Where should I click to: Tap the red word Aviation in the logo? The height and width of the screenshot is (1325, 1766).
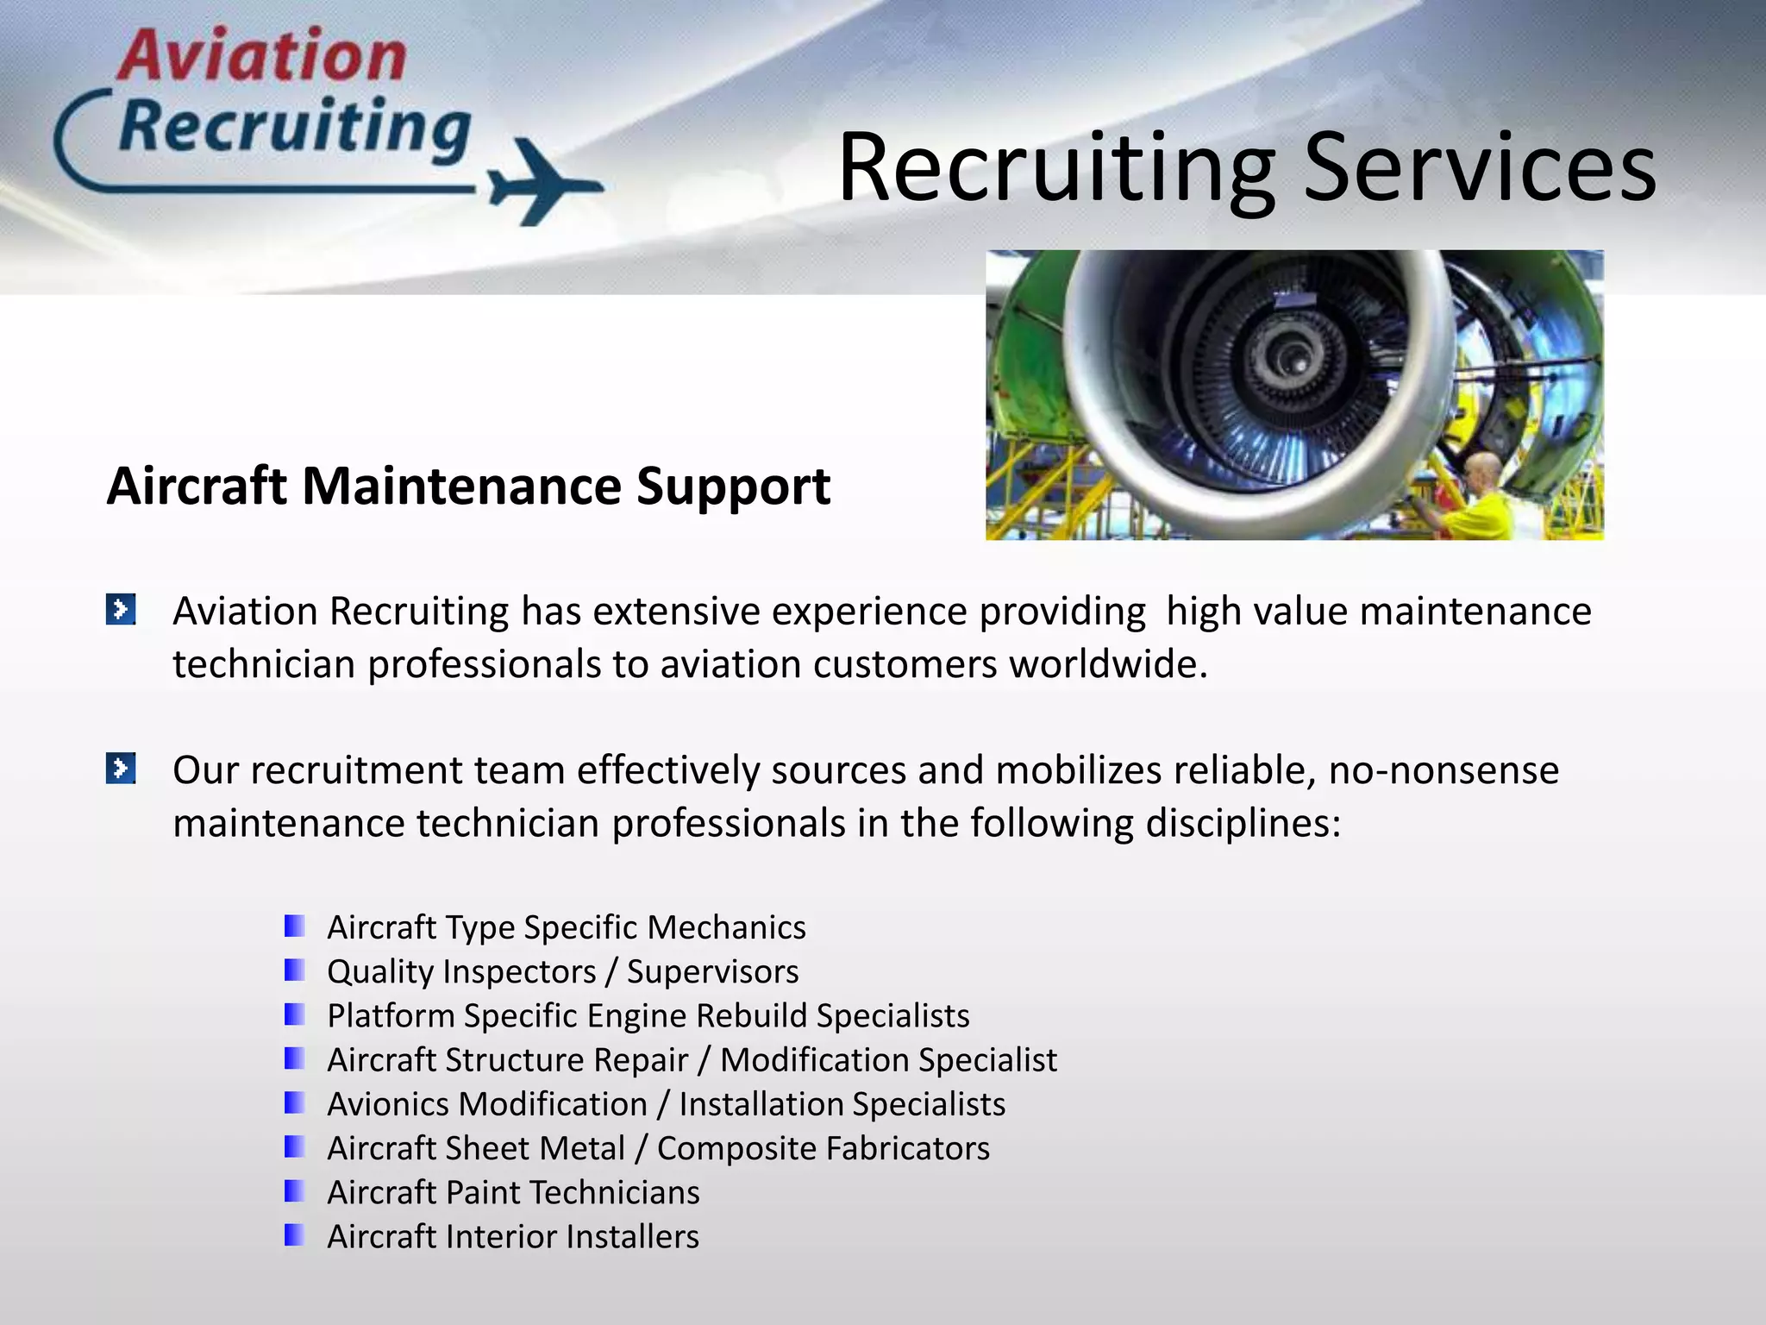pyautogui.click(x=261, y=56)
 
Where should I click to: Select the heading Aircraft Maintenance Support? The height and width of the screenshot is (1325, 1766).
pyautogui.click(x=468, y=486)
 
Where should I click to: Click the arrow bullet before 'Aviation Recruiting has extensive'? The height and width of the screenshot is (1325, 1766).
pyautogui.click(x=121, y=609)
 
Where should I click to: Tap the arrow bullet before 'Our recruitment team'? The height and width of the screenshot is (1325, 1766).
pyautogui.click(x=121, y=768)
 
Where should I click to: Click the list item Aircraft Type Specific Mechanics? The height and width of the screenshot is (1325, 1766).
pyautogui.click(x=567, y=927)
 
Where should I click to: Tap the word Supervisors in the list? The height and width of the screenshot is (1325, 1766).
pyautogui.click(x=712, y=971)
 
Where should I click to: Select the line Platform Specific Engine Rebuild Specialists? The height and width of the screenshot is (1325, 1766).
pyautogui.click(x=648, y=1015)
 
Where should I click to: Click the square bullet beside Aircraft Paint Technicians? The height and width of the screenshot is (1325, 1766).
pyautogui.click(x=294, y=1191)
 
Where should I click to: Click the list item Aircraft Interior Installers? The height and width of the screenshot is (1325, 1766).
pyautogui.click(x=513, y=1236)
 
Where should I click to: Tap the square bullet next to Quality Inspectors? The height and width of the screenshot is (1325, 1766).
pyautogui.click(x=294, y=970)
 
